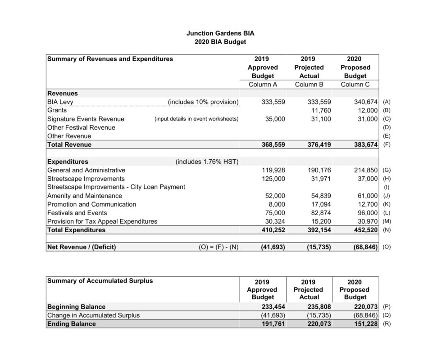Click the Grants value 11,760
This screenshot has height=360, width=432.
(x=321, y=110)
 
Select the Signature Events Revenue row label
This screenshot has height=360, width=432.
(x=86, y=119)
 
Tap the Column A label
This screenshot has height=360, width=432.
(x=263, y=85)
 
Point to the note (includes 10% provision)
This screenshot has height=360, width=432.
(x=203, y=102)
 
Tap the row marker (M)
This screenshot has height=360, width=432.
(x=387, y=221)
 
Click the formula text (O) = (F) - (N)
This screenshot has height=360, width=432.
(x=218, y=247)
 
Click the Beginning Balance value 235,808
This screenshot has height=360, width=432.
(x=318, y=306)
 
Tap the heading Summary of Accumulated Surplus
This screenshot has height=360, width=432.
(x=100, y=281)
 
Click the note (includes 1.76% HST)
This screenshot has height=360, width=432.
(x=207, y=162)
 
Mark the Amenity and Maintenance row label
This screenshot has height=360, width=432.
(x=85, y=196)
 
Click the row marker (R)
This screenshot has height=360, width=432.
(x=387, y=324)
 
